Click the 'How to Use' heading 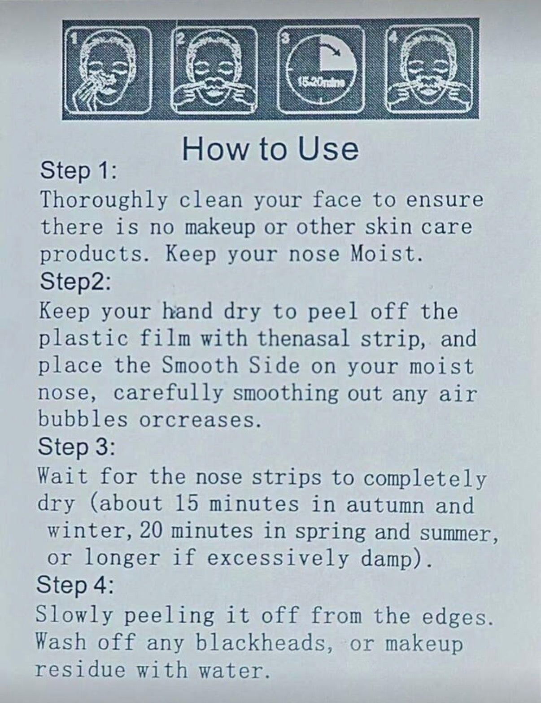pyautogui.click(x=270, y=149)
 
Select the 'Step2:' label pyautogui.click(x=75, y=282)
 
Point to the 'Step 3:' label pyautogui.click(x=76, y=447)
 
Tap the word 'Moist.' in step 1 pyautogui.click(x=387, y=254)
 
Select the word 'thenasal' pyautogui.click(x=304, y=338)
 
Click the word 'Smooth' pyautogui.click(x=199, y=365)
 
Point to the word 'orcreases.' pyautogui.click(x=200, y=420)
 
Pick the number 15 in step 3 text pyautogui.click(x=186, y=504)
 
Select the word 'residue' pyautogui.click(x=79, y=669)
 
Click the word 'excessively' pyautogui.click(x=278, y=559)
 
